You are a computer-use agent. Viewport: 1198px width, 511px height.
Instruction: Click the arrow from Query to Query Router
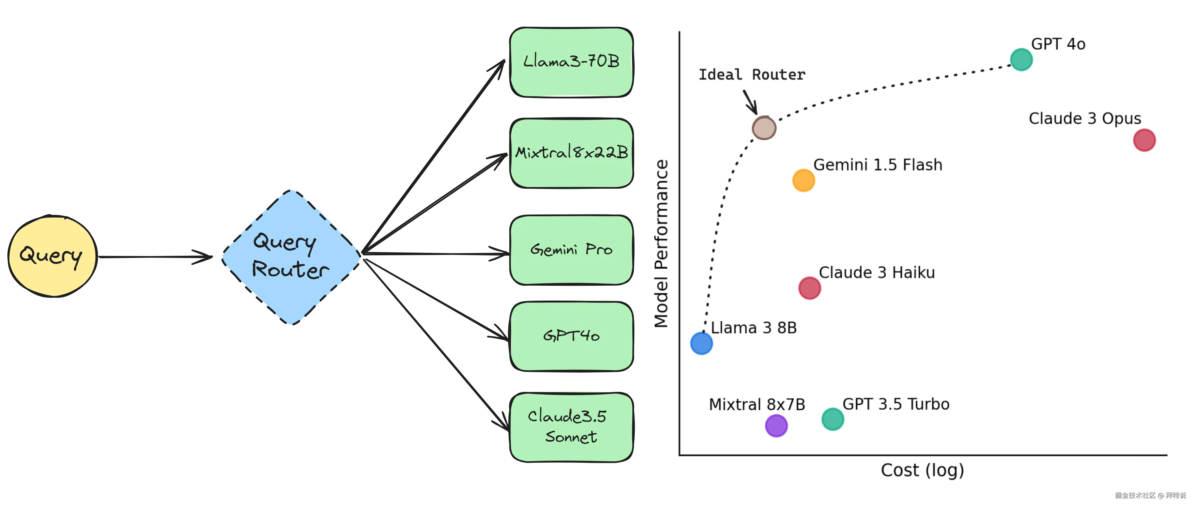[155, 257]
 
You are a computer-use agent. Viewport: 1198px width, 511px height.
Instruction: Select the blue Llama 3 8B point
[701, 343]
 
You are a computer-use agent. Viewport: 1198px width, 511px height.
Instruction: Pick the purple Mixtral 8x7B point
[776, 425]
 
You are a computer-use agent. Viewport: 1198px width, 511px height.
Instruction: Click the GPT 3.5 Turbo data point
[832, 419]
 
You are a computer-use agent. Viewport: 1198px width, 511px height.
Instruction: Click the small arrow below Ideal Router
[750, 102]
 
